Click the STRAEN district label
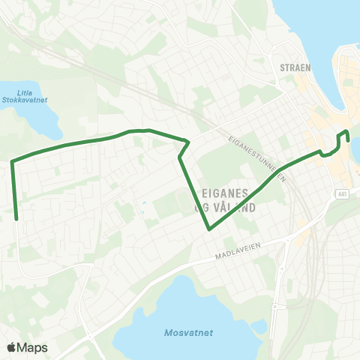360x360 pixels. pos(295,67)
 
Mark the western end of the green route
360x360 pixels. pos(16,219)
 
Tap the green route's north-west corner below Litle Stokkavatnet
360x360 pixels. pos(12,160)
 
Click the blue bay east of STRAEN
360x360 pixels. pos(315,30)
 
